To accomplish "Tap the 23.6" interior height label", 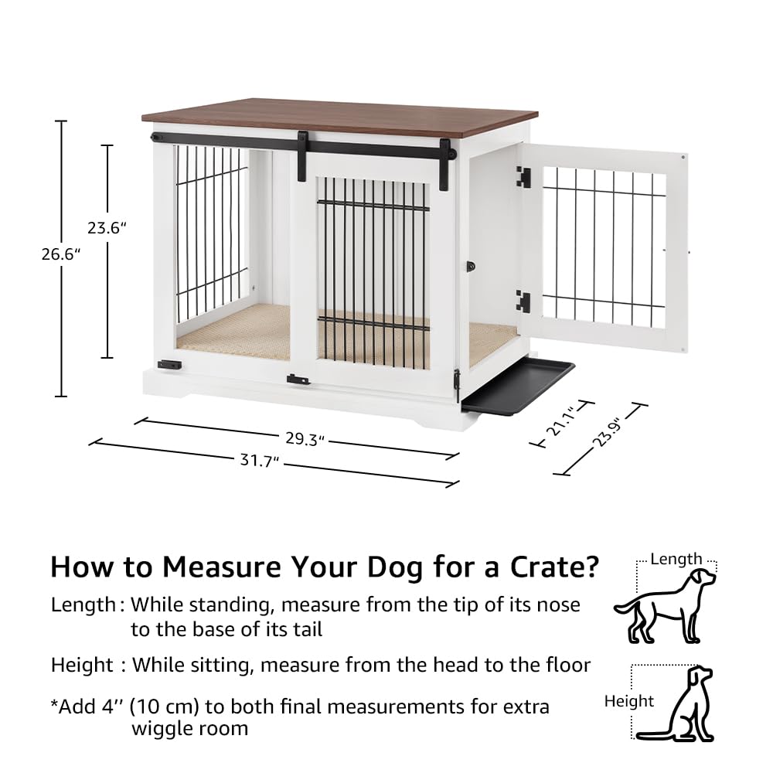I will (x=106, y=229).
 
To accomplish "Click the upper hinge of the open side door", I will (x=523, y=177).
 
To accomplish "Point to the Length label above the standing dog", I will (x=676, y=559).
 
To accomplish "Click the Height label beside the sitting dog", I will (x=629, y=701).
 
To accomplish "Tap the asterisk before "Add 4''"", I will (x=55, y=705).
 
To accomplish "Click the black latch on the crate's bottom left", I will (x=167, y=364).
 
